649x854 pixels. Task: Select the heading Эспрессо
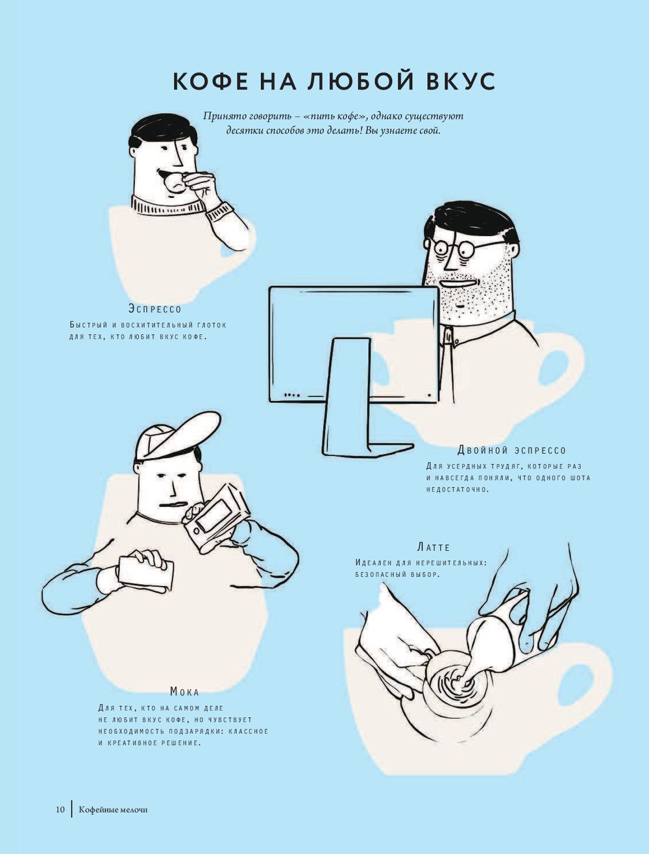pyautogui.click(x=155, y=309)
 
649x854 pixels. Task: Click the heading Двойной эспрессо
pyautogui.click(x=511, y=450)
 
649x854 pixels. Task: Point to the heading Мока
pyautogui.click(x=185, y=692)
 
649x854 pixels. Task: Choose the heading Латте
pyautogui.click(x=433, y=548)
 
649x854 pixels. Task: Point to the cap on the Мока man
pyautogui.click(x=177, y=437)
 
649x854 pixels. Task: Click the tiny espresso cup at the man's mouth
pyautogui.click(x=175, y=183)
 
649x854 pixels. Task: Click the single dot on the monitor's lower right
pyautogui.click(x=429, y=395)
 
